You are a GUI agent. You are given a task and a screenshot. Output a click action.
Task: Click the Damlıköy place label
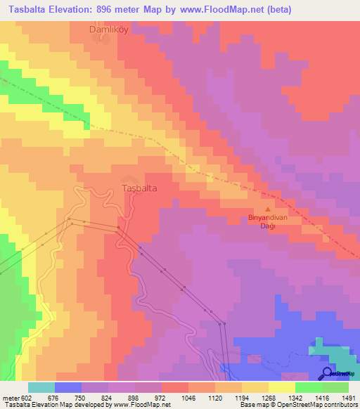[x=110, y=30]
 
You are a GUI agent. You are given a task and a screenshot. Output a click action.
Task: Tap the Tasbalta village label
[x=139, y=189]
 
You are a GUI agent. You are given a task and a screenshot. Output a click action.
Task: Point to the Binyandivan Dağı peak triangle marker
[x=267, y=209]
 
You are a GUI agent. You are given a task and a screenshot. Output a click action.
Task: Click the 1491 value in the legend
[x=349, y=397]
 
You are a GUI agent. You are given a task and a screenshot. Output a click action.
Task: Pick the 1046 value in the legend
[x=188, y=397]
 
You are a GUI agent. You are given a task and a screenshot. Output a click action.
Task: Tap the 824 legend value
[x=108, y=397]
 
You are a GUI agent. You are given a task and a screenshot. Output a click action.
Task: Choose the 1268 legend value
[x=269, y=397]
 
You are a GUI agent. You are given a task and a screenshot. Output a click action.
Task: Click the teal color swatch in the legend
[x=41, y=387]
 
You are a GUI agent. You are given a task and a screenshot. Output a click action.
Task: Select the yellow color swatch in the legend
[x=282, y=387]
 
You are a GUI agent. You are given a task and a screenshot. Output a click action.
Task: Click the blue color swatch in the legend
[x=68, y=387]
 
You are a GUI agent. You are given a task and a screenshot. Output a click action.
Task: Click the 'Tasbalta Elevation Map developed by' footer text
[x=51, y=405]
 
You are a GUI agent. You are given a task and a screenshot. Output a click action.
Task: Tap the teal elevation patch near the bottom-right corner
[x=327, y=351]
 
